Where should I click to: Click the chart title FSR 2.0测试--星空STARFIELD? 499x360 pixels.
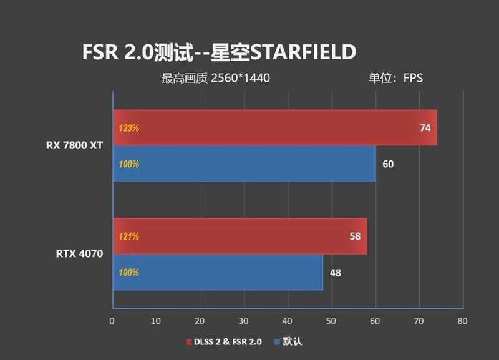219,52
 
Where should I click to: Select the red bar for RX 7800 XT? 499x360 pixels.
274,128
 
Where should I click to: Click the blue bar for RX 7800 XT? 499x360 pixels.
243,164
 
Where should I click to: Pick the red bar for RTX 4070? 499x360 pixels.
240,236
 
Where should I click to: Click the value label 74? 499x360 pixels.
425,128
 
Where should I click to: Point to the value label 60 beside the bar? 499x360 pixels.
388,164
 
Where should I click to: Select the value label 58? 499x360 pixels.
355,236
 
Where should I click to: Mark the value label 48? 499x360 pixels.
336,273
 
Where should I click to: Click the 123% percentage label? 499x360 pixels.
128,128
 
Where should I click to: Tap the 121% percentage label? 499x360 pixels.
128,236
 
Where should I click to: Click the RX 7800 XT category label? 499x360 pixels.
74,145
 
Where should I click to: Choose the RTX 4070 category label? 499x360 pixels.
79,253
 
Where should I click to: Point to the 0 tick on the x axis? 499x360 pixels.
112,321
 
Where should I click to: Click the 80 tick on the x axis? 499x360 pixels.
462,321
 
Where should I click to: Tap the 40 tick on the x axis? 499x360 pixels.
287,321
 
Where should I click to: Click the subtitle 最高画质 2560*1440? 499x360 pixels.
215,79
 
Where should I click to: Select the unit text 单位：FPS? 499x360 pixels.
395,79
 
